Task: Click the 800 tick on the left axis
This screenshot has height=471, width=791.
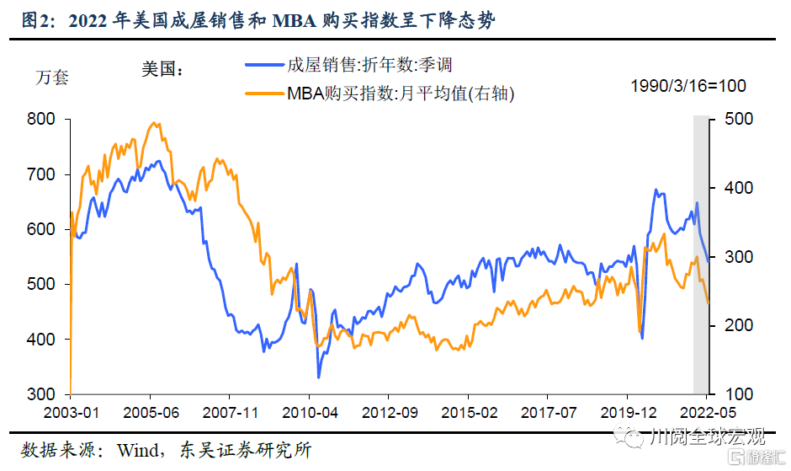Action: coord(41,120)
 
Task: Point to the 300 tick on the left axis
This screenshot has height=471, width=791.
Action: coord(41,394)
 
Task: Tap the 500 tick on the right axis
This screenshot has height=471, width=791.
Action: coord(733,120)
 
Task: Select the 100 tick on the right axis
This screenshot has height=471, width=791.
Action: coord(733,394)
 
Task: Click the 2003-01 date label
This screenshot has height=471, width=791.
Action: coord(70,413)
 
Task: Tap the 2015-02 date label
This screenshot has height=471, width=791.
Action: coord(468,413)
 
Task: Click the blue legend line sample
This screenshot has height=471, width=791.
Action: coord(263,65)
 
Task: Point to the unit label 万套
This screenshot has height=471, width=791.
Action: coord(52,78)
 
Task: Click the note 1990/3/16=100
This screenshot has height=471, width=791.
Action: coord(688,86)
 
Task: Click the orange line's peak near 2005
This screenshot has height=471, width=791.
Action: coord(154,123)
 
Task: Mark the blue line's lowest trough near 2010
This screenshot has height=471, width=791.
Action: coord(319,377)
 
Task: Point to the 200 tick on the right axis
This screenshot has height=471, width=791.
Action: coord(733,325)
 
